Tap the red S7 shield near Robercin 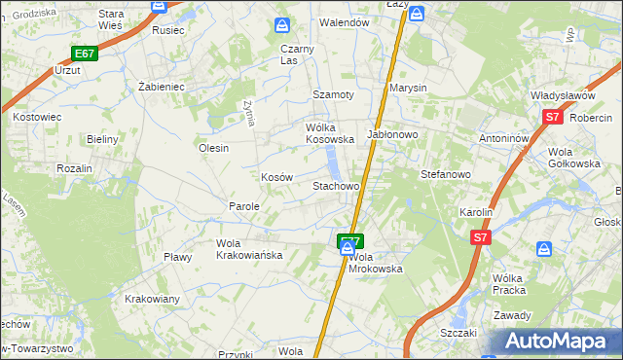pos(552,118)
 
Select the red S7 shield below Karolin pos(479,236)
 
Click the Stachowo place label pos(336,185)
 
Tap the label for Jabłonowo pos(392,135)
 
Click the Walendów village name pos(346,21)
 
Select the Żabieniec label pos(162,86)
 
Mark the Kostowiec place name pos(37,116)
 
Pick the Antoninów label pos(503,138)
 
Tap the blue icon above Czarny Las pos(282,24)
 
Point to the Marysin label pos(409,88)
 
